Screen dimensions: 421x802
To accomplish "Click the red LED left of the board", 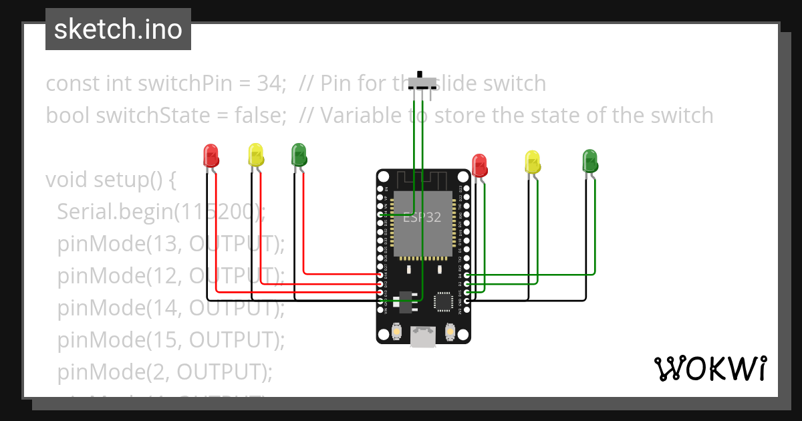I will click(211, 155).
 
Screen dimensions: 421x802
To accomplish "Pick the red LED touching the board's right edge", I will click(479, 165).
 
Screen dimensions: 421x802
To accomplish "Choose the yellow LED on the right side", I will click(532, 162).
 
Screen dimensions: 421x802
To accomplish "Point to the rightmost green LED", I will click(590, 161).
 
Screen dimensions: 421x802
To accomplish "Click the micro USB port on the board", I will click(422, 336).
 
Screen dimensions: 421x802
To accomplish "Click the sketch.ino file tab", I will click(118, 29).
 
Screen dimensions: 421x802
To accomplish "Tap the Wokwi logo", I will click(710, 368).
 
